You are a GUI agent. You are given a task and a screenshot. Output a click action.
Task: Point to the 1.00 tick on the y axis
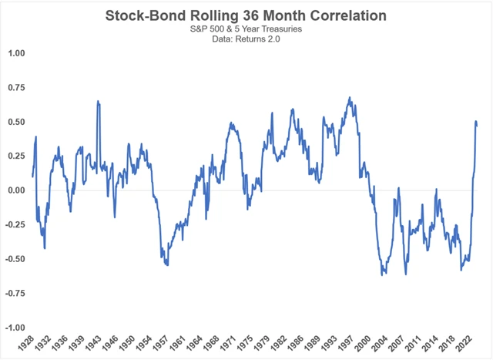[15, 54]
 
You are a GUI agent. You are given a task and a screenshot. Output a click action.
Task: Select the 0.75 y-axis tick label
[15, 88]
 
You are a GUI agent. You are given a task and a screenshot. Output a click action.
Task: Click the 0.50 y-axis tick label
[15, 122]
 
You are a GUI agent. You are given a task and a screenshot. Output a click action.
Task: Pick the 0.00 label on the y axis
[15, 190]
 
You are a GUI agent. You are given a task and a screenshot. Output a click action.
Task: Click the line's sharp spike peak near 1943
[98, 101]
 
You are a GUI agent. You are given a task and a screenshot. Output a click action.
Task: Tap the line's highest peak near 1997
[350, 98]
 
